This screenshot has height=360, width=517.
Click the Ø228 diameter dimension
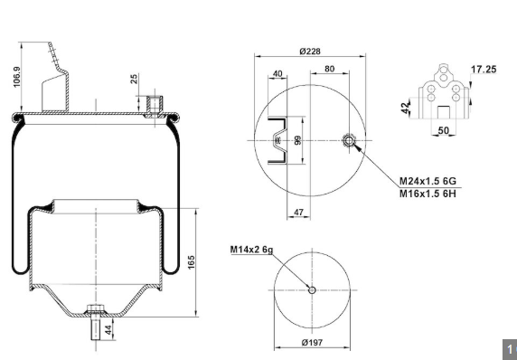[x=310, y=52]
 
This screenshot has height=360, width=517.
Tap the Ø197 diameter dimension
[x=312, y=343]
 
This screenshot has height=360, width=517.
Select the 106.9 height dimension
[x=16, y=77]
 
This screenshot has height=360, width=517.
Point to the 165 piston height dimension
[x=192, y=262]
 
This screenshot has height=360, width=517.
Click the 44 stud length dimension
[x=108, y=329]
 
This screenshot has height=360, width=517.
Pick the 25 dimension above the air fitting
[x=134, y=79]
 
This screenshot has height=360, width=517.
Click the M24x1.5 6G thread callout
[x=428, y=181]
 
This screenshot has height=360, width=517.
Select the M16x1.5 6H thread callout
[x=428, y=194]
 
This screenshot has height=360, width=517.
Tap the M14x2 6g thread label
[x=251, y=250]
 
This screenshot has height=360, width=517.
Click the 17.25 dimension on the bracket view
[x=484, y=70]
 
